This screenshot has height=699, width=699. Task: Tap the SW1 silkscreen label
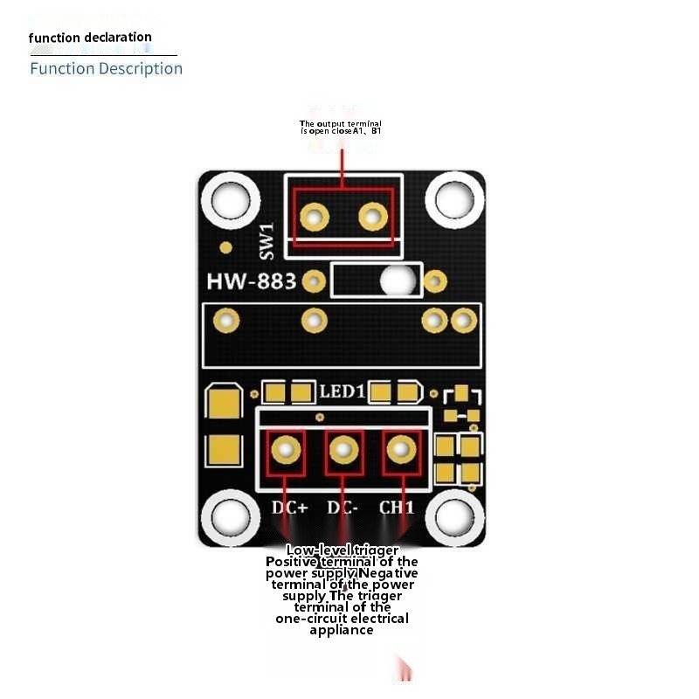pos(267,239)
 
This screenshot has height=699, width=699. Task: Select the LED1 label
pos(342,392)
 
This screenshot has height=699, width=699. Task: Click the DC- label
pos(343,508)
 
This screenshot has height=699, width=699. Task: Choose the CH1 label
pos(397,508)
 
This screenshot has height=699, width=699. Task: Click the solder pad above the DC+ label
pos(286,450)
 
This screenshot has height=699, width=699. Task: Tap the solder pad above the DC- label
pos(343,450)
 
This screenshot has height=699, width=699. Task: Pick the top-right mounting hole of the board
pos(455,200)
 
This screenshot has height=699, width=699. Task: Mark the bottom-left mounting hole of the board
pos(230,518)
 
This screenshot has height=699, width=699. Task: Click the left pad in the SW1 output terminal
pos(314,215)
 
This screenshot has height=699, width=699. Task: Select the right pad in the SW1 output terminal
pos(372,215)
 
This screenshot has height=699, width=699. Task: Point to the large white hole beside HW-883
pos(398,280)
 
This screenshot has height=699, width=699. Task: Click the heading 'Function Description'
pos(106,68)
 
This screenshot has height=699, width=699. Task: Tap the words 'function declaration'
pos(90,38)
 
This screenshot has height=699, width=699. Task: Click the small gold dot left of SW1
pos(225,247)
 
